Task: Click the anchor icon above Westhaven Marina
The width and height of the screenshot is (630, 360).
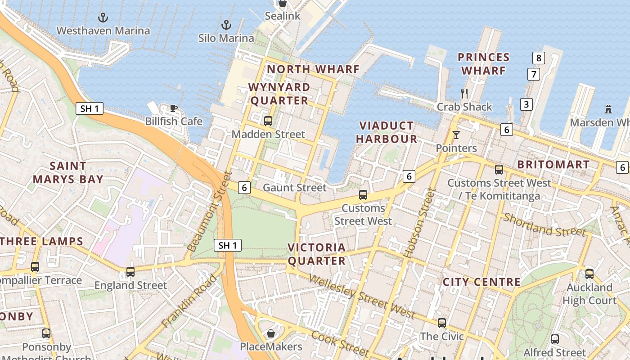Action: click(103, 18)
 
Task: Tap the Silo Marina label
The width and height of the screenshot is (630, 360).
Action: click(226, 38)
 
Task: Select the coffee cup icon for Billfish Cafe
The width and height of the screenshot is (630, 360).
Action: click(173, 108)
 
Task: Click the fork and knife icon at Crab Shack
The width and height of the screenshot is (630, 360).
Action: click(464, 94)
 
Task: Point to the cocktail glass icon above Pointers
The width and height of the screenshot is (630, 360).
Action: click(456, 135)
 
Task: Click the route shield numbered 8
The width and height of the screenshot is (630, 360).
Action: click(538, 58)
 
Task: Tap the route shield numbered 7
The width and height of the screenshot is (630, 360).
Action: click(533, 74)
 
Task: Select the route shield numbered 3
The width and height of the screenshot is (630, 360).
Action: click(526, 104)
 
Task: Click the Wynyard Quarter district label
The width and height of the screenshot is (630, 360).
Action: click(279, 94)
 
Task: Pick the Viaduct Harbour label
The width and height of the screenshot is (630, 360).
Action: click(387, 132)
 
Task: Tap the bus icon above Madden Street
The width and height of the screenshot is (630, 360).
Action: click(268, 121)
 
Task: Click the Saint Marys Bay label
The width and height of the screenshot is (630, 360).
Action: click(67, 172)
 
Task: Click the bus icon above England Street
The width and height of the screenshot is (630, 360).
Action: click(130, 272)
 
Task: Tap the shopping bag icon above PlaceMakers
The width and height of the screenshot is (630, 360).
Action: click(271, 333)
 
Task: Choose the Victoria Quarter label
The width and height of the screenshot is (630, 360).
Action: click(316, 254)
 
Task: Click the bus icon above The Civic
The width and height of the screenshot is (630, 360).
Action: click(442, 323)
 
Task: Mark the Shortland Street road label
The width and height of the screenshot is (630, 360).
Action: click(544, 225)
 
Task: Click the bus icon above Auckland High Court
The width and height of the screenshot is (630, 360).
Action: click(589, 274)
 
